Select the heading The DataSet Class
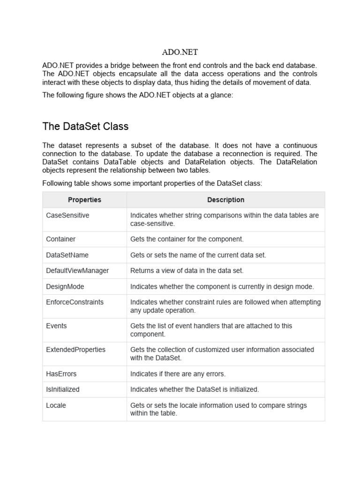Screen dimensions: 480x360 click(x=85, y=127)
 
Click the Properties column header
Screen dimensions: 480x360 click(x=84, y=200)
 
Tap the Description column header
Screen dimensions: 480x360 click(x=225, y=200)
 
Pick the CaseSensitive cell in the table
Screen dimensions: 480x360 click(x=67, y=215)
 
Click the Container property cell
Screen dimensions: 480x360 click(x=61, y=239)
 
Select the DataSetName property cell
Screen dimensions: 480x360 click(x=67, y=255)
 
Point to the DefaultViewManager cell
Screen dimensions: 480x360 click(x=77, y=270)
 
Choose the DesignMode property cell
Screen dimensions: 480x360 click(x=65, y=286)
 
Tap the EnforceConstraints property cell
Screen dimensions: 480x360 click(x=75, y=302)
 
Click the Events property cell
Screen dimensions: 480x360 click(x=57, y=326)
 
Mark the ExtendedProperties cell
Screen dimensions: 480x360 click(x=76, y=350)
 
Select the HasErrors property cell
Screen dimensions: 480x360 click(x=61, y=374)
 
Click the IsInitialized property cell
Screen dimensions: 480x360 click(x=63, y=390)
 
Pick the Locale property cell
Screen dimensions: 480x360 click(x=56, y=405)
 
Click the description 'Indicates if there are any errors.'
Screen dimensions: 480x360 click(x=178, y=374)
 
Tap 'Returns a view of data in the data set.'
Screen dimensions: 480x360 click(x=187, y=270)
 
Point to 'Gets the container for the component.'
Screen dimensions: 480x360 click(x=187, y=239)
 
